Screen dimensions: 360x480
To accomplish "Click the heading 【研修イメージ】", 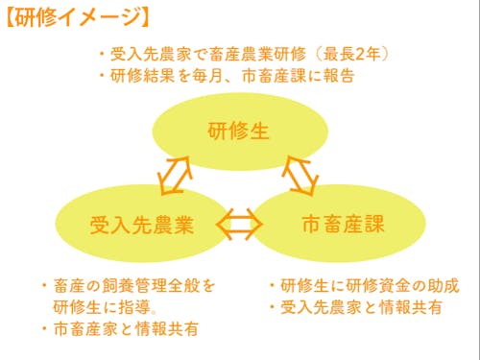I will pos(76,16).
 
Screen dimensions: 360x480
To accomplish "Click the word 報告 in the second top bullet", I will pos(342,75).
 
